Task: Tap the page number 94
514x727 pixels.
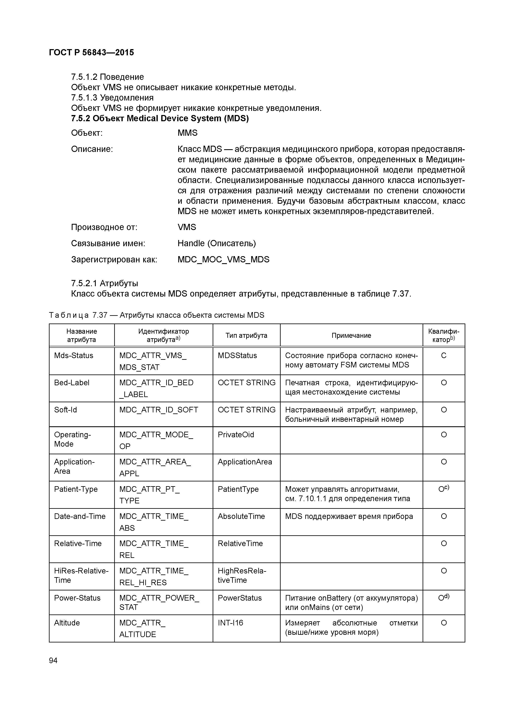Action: tap(53, 660)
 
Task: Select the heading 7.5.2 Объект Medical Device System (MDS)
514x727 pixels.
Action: tap(160, 118)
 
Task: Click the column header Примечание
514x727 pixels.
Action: tap(351, 335)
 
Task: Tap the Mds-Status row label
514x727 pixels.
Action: tap(74, 356)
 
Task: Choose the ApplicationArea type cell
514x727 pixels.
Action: tap(245, 462)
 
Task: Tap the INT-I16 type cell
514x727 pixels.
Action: tap(230, 623)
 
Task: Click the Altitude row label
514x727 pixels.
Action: tap(67, 623)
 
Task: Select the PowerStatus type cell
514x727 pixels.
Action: tap(240, 598)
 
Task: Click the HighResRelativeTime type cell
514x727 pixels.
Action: tap(242, 575)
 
